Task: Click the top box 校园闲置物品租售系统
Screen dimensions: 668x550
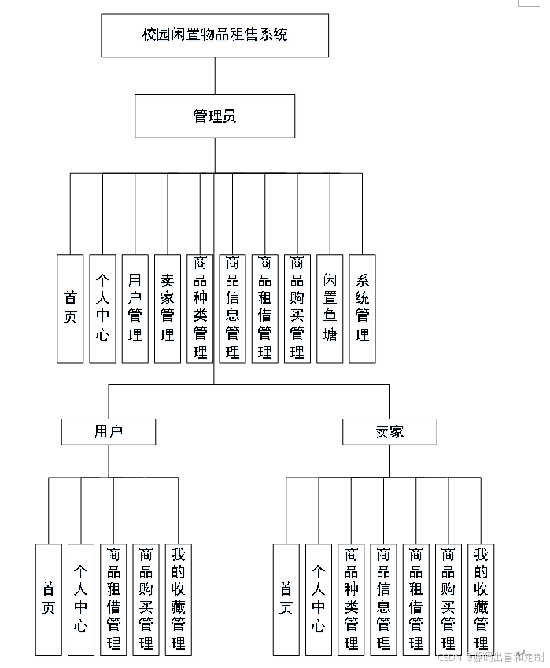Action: point(215,35)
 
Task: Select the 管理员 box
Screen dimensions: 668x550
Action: point(215,116)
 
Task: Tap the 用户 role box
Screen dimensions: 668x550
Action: point(109,431)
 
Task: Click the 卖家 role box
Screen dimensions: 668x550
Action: point(389,431)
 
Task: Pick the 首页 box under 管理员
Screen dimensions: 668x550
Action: point(70,308)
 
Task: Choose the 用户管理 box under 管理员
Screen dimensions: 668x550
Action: point(135,308)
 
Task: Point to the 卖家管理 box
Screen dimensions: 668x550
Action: point(168,308)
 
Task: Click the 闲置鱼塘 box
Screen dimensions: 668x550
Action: point(330,308)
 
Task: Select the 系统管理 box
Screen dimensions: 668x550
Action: point(362,308)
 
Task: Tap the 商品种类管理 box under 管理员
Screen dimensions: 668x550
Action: point(200,308)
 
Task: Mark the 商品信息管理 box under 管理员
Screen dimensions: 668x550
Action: point(232,308)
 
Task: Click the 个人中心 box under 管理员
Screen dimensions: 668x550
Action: point(102,308)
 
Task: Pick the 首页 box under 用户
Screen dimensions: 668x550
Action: point(48,600)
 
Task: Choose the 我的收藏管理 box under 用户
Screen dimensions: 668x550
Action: point(178,600)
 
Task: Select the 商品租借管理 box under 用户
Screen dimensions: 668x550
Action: point(113,600)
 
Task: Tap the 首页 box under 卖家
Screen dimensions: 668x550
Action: point(286,600)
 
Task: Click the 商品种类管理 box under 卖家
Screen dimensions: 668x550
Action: point(351,600)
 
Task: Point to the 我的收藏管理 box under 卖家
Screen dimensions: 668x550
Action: point(481,600)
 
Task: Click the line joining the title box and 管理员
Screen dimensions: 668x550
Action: point(215,76)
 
